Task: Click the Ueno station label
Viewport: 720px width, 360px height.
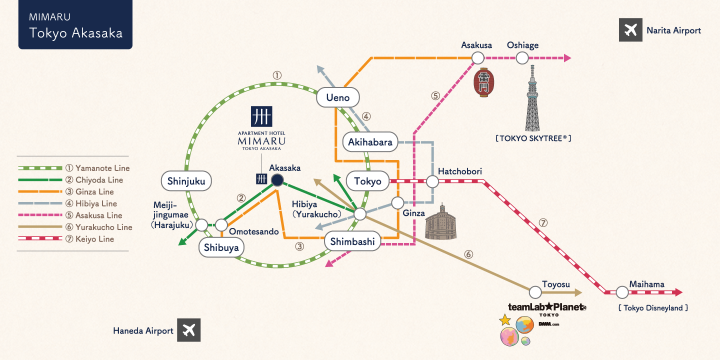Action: (338, 97)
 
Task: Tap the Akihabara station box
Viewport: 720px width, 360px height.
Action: (370, 142)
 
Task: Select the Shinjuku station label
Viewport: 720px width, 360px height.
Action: (186, 181)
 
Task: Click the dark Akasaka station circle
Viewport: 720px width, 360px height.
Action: (277, 180)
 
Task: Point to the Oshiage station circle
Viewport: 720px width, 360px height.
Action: (522, 58)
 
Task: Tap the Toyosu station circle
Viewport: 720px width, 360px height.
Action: (535, 292)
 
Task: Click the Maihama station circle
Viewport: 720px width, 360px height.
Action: (622, 292)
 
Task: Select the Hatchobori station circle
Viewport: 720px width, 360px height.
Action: (432, 181)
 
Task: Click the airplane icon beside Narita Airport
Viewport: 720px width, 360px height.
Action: (630, 30)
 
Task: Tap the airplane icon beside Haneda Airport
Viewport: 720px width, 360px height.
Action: (188, 330)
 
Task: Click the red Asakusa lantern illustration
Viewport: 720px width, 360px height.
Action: (484, 82)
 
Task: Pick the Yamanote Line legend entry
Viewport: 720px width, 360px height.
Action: (74, 168)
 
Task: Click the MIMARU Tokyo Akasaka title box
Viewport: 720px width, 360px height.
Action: (75, 24)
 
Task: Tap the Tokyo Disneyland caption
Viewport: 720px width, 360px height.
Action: (653, 308)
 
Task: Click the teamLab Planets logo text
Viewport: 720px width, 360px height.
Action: (547, 307)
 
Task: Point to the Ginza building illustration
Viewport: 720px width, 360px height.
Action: (440, 222)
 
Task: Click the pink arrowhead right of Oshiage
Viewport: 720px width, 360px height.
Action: (567, 58)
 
